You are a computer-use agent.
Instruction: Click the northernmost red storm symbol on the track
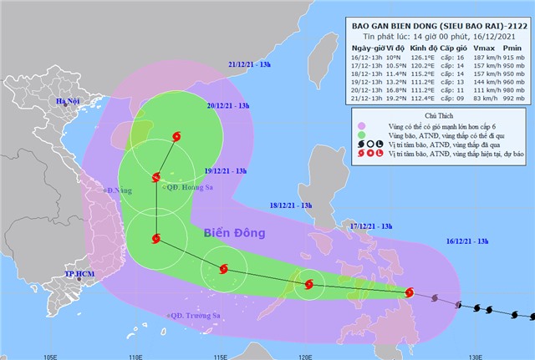click(176, 136)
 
